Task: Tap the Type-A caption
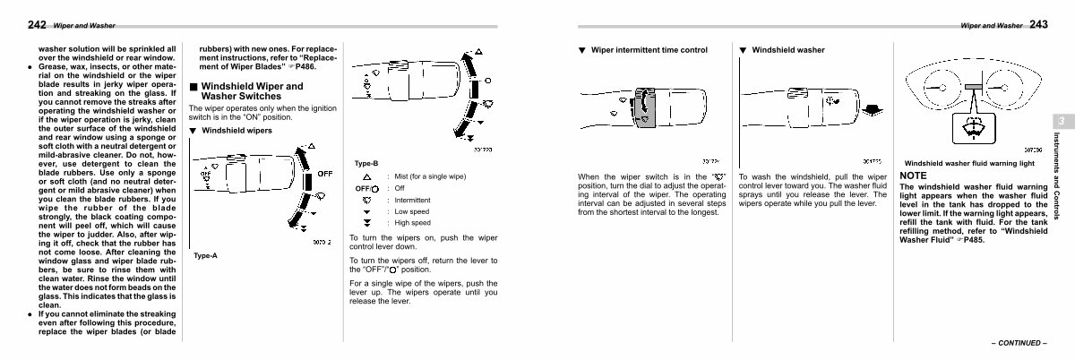(x=204, y=255)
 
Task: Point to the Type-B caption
(x=366, y=163)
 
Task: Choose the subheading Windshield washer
(x=788, y=49)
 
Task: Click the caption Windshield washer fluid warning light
(x=969, y=165)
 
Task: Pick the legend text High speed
(x=412, y=222)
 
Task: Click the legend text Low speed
(x=412, y=211)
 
